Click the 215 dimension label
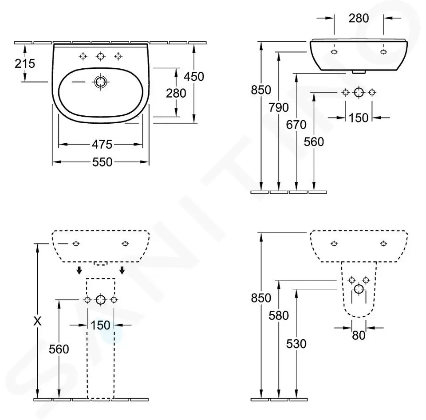[x=25, y=63]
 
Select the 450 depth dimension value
[x=194, y=77]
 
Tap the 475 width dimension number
[x=102, y=145]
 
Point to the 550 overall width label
[x=102, y=162]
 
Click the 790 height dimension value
[x=279, y=107]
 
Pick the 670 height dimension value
[x=296, y=125]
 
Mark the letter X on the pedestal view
[x=37, y=321]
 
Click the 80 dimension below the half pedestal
[x=359, y=336]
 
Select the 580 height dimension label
[x=279, y=315]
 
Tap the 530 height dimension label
[x=296, y=344]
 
